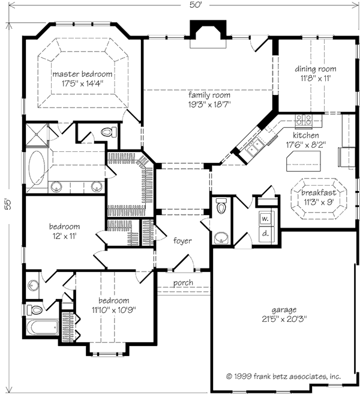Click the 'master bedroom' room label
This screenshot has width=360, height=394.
82,74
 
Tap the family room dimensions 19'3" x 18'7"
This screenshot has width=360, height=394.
209,105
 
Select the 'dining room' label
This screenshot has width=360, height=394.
316,68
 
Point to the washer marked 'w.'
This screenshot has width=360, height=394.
265,219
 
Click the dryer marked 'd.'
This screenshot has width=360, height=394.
265,234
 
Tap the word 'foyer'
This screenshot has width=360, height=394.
182,241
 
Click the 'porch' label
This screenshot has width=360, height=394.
183,283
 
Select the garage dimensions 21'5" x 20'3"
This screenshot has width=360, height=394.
284,319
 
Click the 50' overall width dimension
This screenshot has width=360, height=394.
196,5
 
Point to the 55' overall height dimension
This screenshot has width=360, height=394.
8,205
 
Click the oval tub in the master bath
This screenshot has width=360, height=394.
37,168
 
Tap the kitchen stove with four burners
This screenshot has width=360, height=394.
304,120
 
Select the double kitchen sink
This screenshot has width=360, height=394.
254,148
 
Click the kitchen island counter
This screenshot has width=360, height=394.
304,162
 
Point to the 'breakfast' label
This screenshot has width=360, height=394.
319,193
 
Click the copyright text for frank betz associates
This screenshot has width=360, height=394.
283,376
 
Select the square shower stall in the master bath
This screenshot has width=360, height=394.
37,134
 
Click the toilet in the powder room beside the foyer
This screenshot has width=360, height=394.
221,205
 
